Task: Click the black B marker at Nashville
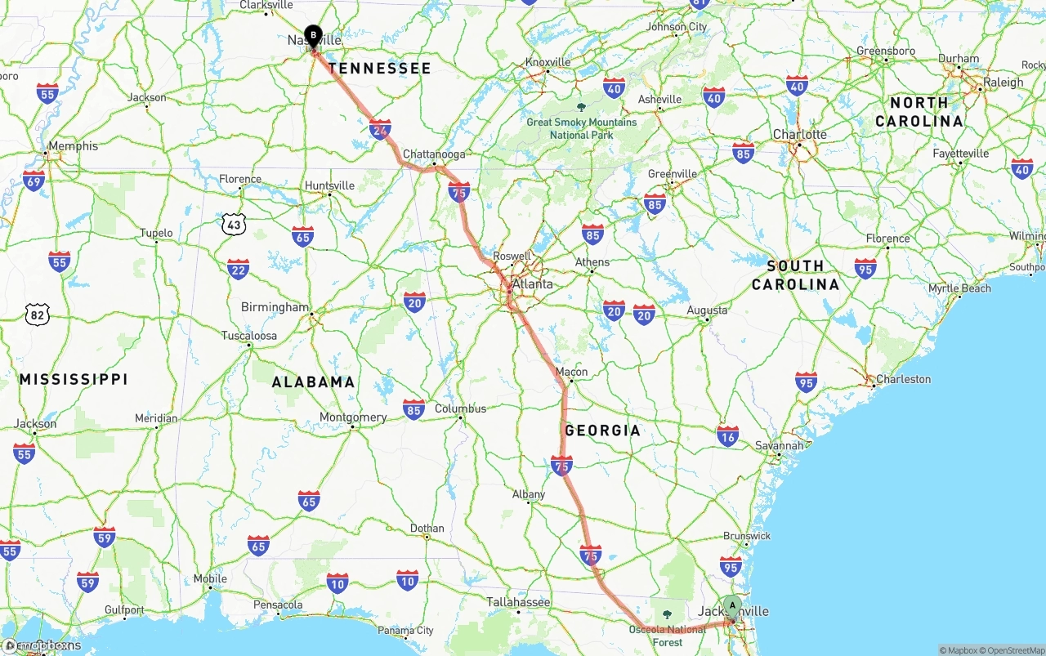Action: pos(313,35)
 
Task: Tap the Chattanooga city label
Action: pos(434,154)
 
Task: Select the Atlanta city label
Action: pos(532,284)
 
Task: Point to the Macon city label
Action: pos(571,372)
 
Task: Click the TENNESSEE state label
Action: pos(379,69)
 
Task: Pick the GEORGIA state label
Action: pos(602,431)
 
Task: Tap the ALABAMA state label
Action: pos(313,382)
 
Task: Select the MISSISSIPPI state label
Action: pos(74,379)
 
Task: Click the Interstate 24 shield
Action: pos(380,129)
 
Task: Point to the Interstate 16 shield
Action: pos(727,435)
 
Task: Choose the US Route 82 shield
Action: pos(38,314)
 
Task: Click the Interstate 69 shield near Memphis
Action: pos(34,181)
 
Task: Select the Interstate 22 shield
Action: pos(238,269)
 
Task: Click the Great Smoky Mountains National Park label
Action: pos(581,128)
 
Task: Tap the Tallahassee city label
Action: pos(518,602)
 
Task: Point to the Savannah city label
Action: pos(779,446)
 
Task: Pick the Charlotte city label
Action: pos(800,134)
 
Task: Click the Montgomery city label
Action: pos(353,417)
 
